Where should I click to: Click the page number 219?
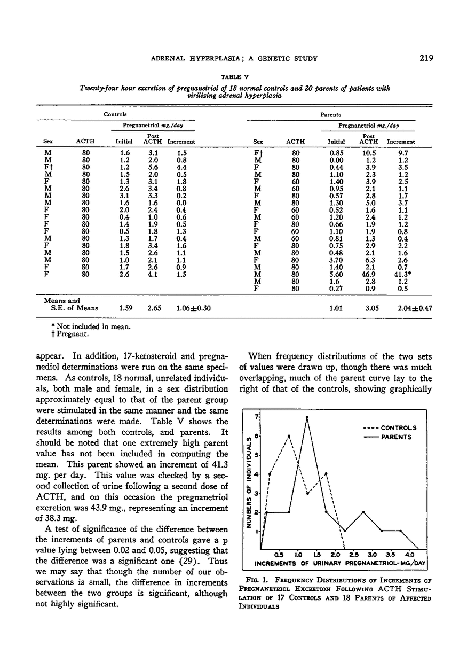[x=426, y=58]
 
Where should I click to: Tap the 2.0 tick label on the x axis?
[x=335, y=554]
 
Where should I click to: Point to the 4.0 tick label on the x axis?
[x=410, y=554]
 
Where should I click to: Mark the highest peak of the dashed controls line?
[x=289, y=435]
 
